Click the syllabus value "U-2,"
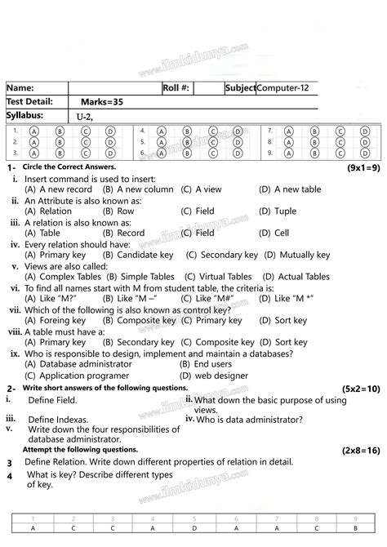[85, 117]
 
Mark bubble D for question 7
[365, 130]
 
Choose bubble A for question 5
[161, 141]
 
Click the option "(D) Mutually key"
[295, 256]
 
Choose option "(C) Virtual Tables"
[219, 278]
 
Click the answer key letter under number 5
[193, 528]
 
